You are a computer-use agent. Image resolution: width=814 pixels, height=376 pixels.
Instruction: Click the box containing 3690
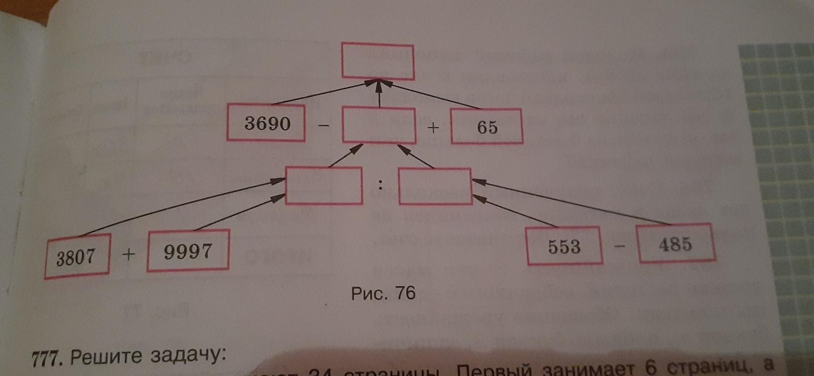tap(267, 123)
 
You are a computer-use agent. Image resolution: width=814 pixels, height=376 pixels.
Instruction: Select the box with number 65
tap(487, 127)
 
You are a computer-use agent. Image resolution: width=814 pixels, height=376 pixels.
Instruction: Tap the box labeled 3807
tap(76, 257)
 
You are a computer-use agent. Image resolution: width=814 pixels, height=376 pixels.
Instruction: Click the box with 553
tap(565, 246)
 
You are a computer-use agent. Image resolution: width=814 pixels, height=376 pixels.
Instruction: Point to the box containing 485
tap(676, 244)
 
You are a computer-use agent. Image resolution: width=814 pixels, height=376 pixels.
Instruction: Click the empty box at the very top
tap(378, 61)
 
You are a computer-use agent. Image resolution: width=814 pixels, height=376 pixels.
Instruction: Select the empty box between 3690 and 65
tap(378, 126)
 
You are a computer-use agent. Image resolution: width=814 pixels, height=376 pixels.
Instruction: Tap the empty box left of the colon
tap(324, 186)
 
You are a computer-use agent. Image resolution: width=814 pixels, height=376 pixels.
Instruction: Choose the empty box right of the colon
tap(435, 186)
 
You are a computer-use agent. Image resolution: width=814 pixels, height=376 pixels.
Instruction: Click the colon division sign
tap(380, 185)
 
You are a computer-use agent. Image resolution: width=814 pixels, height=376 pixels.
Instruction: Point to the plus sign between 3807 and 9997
tap(128, 254)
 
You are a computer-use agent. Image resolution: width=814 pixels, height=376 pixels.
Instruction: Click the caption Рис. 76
tap(383, 294)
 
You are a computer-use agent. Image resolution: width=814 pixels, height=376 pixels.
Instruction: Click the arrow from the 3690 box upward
tap(320, 94)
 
